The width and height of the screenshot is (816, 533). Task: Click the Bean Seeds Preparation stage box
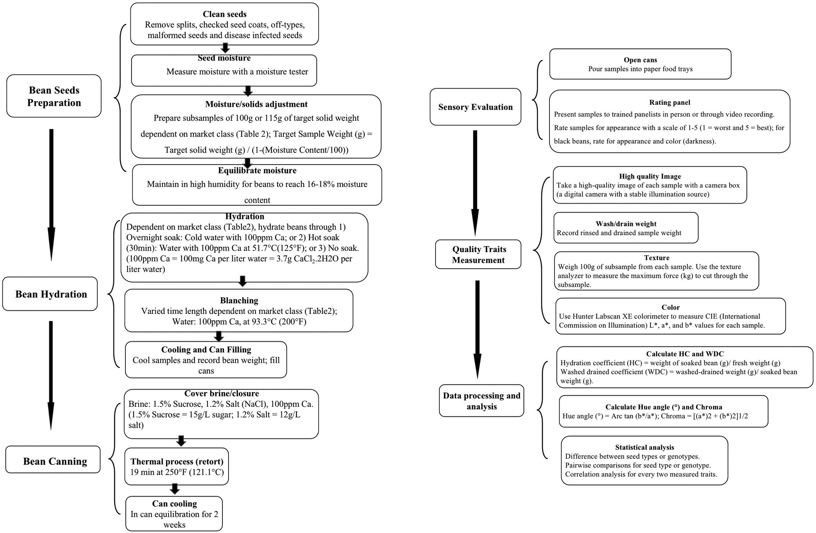(54, 96)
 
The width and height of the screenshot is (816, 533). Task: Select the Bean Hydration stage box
(50, 294)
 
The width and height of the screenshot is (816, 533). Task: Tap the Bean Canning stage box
(53, 460)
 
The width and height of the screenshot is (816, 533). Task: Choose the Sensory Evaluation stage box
(475, 107)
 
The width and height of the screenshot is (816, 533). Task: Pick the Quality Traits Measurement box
(478, 254)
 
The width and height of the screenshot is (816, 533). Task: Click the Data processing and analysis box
(482, 401)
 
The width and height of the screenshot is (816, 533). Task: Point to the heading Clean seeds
(225, 14)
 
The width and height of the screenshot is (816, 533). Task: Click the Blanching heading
(239, 300)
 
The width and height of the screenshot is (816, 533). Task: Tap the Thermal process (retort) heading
(177, 462)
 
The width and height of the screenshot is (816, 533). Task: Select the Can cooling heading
(174, 503)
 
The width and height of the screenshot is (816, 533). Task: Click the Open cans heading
(640, 60)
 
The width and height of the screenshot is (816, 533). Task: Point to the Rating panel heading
(670, 102)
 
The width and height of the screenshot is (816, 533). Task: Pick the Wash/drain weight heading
(626, 224)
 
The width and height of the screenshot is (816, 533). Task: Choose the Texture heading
(657, 258)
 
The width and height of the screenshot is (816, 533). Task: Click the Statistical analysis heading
(645, 447)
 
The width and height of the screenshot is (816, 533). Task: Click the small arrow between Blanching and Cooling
(219, 337)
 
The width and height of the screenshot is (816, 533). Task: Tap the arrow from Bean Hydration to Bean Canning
(51, 375)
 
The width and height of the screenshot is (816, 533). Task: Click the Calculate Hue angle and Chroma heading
(664, 407)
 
